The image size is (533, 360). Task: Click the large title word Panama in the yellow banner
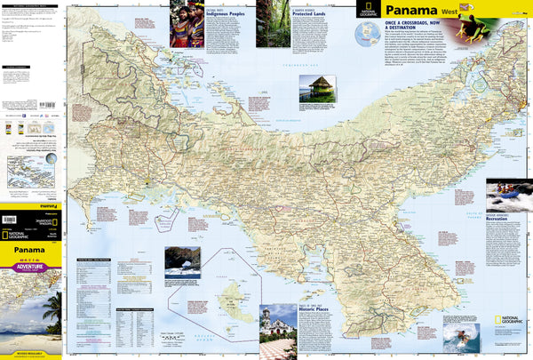click(411, 13)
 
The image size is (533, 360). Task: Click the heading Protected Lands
click(313, 15)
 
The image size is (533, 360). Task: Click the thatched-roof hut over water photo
click(315, 88)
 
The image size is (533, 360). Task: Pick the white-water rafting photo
click(509, 196)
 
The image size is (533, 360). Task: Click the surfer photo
click(462, 338)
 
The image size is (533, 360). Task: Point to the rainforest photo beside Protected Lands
click(273, 24)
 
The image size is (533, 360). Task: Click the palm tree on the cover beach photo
click(52, 307)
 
